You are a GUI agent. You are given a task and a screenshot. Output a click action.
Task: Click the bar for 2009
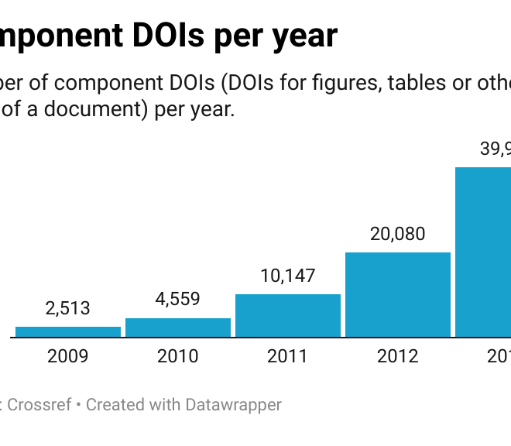click(68, 332)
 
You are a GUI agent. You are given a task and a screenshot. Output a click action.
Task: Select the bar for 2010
click(178, 328)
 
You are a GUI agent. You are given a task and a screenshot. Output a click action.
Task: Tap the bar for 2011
click(288, 316)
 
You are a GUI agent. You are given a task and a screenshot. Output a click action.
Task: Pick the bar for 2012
click(398, 295)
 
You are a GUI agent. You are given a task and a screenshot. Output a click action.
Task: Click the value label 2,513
click(68, 308)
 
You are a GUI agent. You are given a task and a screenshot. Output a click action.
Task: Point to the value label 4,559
click(178, 299)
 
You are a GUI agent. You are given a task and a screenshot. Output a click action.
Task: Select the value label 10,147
click(288, 275)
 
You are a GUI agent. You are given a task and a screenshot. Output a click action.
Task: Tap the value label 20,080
click(398, 233)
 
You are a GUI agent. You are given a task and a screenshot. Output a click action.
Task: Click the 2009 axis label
click(68, 356)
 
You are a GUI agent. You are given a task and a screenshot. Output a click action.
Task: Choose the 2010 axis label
click(178, 356)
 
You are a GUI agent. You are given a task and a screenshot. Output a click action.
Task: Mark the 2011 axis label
click(288, 356)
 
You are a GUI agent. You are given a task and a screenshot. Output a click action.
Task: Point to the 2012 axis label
click(398, 356)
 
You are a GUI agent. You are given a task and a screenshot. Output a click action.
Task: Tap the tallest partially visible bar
click(483, 252)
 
